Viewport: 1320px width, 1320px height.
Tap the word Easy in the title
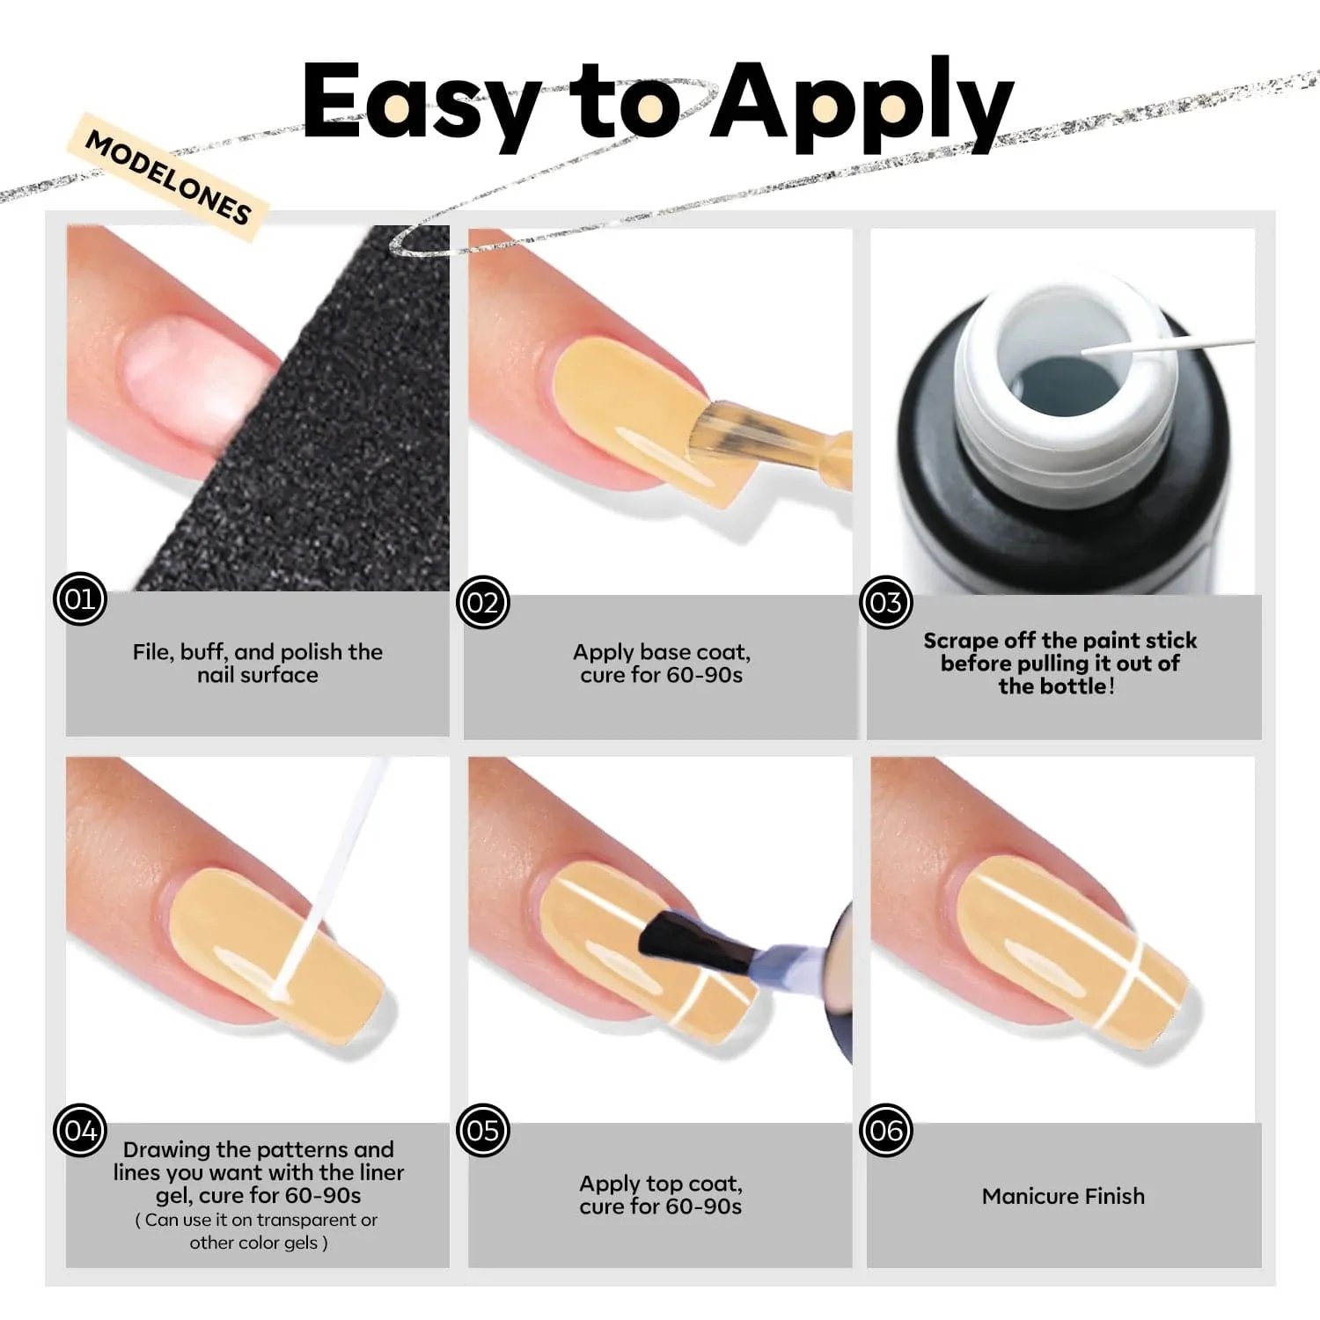pos(422,104)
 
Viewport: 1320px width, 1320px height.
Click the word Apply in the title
pos(862,104)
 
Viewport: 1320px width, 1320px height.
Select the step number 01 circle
pos(80,599)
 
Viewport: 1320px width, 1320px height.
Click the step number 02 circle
pos(483,602)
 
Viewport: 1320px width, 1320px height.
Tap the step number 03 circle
pos(885,602)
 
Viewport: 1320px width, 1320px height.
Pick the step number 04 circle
pos(80,1130)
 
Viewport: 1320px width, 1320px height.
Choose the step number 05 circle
pos(483,1130)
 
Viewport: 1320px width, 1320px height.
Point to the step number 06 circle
pos(885,1130)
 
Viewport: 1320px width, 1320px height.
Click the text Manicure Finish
pos(1063,1196)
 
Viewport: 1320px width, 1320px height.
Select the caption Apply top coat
pos(661,1184)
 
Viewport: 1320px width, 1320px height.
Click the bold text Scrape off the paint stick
pos(1060,640)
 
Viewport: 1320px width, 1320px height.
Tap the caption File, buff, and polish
pos(258,652)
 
